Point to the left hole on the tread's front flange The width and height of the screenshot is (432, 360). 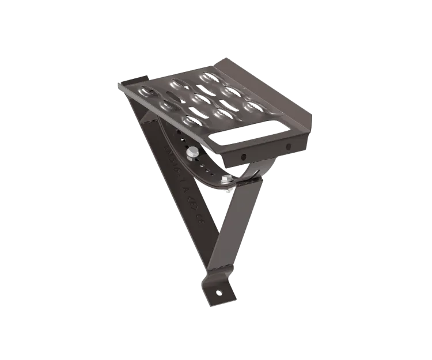click(243, 156)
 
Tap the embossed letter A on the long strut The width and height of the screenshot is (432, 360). click(184, 185)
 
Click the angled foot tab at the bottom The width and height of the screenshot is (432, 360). click(219, 291)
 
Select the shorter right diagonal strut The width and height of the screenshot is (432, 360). click(233, 230)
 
